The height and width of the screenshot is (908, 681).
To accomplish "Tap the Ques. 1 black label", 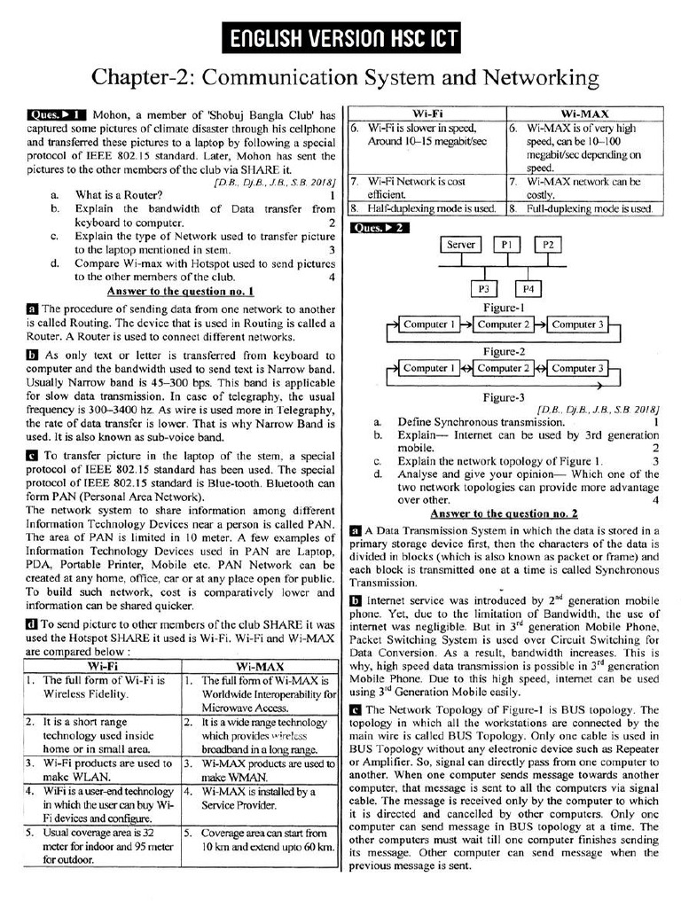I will [x=57, y=114].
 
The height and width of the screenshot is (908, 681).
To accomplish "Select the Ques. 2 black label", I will [x=381, y=228].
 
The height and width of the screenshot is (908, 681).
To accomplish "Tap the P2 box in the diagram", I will [x=548, y=245].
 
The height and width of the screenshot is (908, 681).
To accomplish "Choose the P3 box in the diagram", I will [x=485, y=289].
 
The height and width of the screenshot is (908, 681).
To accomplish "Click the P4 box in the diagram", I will [x=528, y=289].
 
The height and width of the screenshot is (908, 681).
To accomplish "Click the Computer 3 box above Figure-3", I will [x=576, y=368].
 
